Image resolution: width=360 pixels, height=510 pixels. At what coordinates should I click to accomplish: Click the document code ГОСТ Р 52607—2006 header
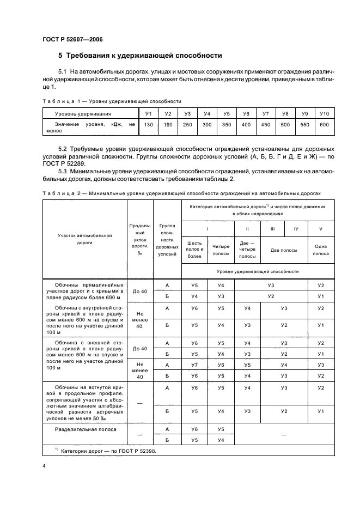tap(72, 40)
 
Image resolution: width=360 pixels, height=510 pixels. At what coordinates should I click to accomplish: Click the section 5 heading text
tap(140, 56)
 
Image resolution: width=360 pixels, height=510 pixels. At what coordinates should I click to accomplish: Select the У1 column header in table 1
tap(148, 114)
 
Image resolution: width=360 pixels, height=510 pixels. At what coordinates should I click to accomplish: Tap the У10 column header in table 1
tap(325, 114)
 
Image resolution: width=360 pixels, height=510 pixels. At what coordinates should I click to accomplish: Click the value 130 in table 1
tap(148, 125)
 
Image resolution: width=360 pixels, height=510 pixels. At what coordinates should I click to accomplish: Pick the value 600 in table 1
tap(325, 125)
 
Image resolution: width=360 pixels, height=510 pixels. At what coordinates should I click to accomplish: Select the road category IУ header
tap(296, 229)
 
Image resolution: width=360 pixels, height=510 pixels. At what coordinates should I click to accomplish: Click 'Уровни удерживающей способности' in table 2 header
tap(258, 271)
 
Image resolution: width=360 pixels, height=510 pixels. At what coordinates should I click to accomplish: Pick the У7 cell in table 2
tap(194, 365)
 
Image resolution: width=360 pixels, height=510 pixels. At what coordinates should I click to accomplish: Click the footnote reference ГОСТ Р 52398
tap(131, 451)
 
